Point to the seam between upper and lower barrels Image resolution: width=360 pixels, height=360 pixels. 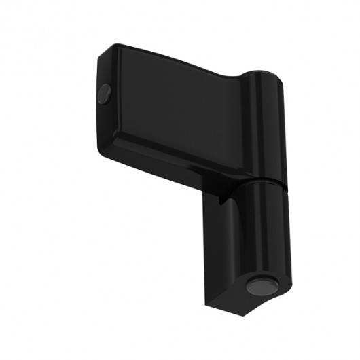coord(263,180)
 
